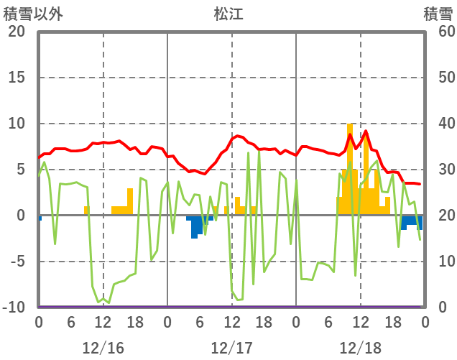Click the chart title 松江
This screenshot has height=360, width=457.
coord(228,14)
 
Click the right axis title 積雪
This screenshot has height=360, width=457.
coord(437,14)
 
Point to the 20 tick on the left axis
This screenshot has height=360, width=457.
coord(16,32)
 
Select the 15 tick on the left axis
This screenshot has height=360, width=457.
coord(16,78)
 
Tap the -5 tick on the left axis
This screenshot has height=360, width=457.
coord(16,262)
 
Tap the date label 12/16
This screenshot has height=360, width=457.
coord(103,348)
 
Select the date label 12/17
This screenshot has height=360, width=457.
coord(231,348)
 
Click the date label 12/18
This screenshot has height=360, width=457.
coord(360,348)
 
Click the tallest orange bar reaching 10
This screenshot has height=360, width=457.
coord(350,170)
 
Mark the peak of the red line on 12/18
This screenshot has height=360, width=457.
coord(366,131)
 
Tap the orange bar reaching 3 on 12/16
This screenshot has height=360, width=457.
coord(130,202)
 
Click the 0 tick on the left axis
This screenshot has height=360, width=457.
coord(20,216)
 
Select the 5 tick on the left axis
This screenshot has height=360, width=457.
coord(20,170)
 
